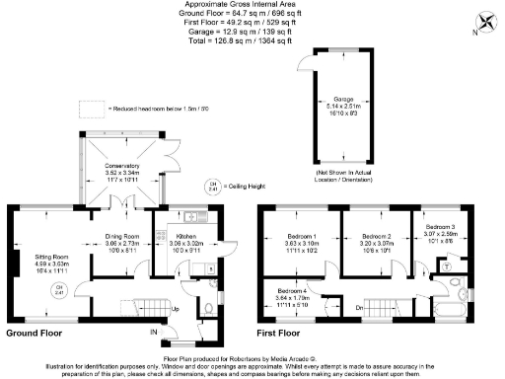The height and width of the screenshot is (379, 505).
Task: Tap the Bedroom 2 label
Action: [377, 238]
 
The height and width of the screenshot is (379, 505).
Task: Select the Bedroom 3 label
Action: [440, 227]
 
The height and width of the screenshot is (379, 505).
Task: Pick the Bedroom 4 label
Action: [293, 292]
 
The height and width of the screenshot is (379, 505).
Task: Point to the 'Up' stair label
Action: [176, 309]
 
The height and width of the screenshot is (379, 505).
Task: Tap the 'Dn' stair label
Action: [359, 308]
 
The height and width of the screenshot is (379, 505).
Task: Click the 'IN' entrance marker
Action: [152, 333]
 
